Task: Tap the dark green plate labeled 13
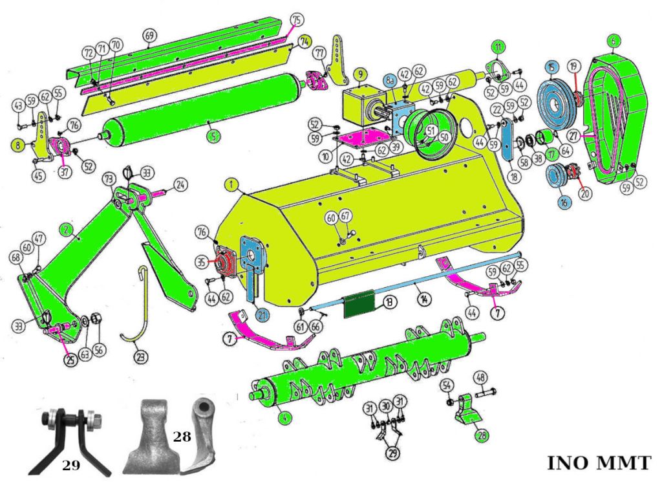point(359,305)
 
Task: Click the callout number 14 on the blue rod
point(423,300)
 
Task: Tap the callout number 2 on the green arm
point(65,228)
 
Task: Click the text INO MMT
point(599,463)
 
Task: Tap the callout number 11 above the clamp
point(498,47)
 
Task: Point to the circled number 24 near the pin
point(180,185)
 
